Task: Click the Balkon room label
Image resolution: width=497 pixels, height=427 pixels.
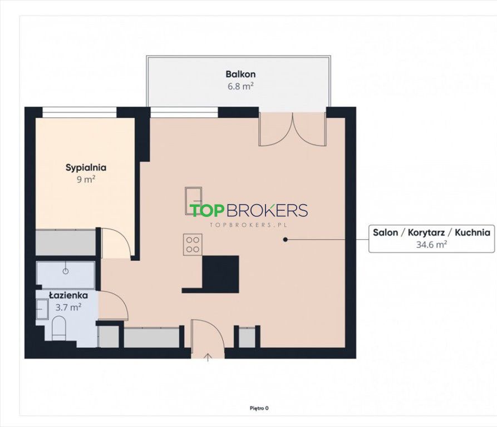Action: click(240, 75)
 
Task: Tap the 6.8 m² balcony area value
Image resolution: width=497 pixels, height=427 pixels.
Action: click(240, 86)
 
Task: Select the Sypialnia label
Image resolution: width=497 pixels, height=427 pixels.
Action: click(86, 168)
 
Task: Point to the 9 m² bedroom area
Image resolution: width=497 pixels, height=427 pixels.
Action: click(86, 180)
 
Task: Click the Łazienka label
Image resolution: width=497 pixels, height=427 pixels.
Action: click(68, 295)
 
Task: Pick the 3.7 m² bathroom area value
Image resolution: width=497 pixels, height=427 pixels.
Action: click(68, 307)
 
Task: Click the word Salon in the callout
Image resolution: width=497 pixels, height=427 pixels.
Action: click(386, 232)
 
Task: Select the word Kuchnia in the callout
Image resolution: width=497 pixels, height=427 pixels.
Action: click(473, 232)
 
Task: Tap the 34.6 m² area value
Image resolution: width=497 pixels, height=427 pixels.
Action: click(432, 245)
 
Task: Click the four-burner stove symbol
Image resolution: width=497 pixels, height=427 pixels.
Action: click(193, 245)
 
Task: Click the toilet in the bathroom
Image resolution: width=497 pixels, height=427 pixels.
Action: click(58, 328)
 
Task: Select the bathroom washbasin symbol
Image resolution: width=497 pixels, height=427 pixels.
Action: click(42, 309)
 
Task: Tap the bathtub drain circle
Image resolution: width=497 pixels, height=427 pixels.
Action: click(66, 271)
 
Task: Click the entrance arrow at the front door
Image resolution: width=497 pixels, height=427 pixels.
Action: click(208, 358)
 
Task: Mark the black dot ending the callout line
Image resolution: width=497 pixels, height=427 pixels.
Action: click(286, 240)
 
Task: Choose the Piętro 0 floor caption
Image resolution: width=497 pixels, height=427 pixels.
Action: click(259, 408)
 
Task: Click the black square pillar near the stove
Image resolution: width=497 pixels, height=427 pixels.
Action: click(220, 274)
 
